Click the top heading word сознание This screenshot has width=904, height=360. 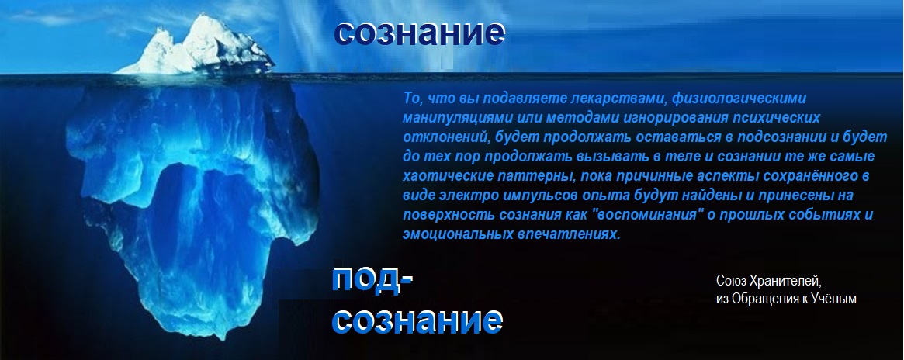pyautogui.click(x=419, y=33)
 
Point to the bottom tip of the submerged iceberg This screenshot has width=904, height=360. pyautogui.click(x=214, y=339)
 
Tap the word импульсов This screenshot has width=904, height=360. pyautogui.click(x=534, y=196)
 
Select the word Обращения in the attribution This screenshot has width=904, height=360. pyautogui.click(x=763, y=300)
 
